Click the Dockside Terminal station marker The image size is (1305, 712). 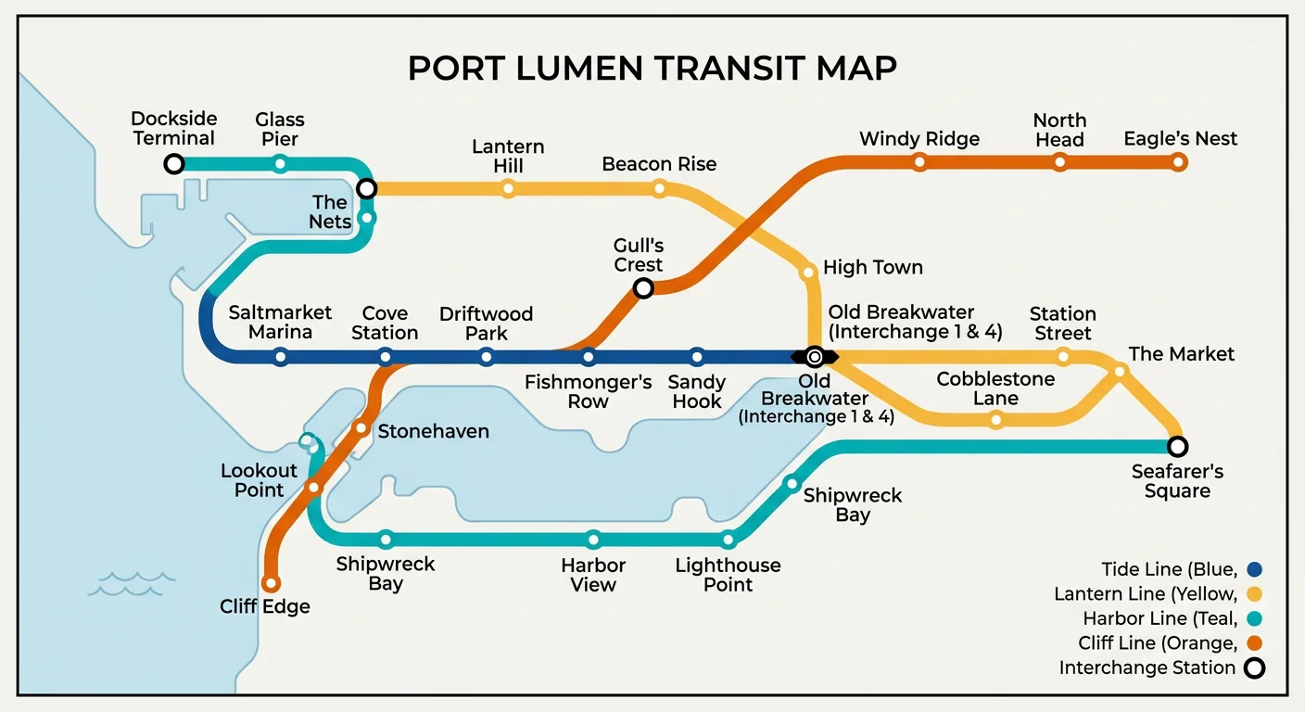[173, 164]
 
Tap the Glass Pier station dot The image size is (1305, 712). [280, 164]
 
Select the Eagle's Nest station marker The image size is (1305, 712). [1178, 162]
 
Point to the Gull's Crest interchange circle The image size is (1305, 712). [643, 288]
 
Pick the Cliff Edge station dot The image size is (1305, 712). [271, 583]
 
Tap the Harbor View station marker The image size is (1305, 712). [593, 540]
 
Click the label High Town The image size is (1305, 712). [872, 268]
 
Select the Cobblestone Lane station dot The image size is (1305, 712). [995, 420]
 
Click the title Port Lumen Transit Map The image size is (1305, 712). [652, 70]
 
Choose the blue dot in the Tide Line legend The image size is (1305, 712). [1255, 569]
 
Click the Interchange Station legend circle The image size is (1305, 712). [1255, 667]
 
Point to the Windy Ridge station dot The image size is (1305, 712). [919, 162]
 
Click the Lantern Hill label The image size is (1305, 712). [508, 156]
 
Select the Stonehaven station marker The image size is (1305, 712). [361, 428]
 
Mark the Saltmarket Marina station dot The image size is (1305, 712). [281, 357]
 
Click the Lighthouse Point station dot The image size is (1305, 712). [729, 540]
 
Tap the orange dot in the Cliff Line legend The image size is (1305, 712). [1255, 642]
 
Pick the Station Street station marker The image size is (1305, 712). [1063, 357]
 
